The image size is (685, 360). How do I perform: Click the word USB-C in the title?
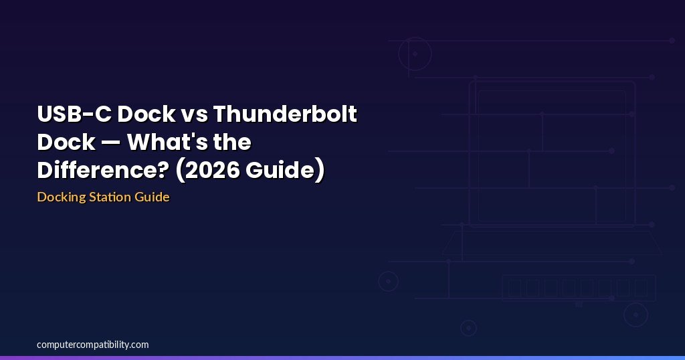[74, 114]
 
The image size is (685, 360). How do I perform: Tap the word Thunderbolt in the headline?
[285, 114]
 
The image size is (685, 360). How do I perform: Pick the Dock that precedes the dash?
[66, 142]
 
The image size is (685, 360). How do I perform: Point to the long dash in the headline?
[111, 143]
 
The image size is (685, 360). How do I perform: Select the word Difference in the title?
[102, 170]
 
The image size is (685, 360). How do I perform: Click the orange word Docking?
[62, 197]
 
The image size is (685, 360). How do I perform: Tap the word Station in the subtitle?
[110, 197]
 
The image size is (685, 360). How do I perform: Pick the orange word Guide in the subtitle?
[152, 197]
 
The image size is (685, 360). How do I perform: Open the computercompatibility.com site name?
[92, 345]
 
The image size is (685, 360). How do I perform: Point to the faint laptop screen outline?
[552, 82]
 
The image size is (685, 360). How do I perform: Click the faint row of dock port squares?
[578, 288]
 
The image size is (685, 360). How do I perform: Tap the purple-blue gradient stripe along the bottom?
[342, 358]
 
